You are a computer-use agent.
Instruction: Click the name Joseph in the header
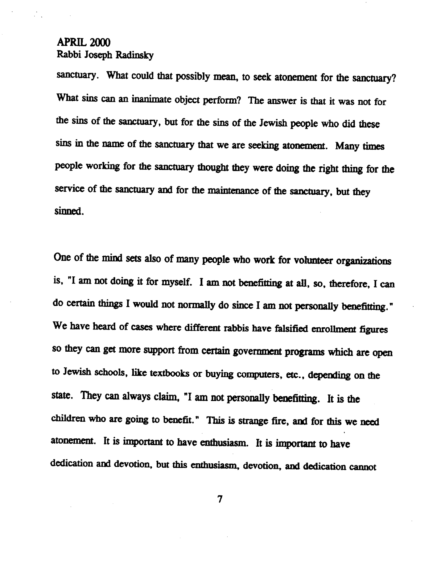pos(99,56)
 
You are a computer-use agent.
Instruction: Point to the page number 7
pos(220,499)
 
